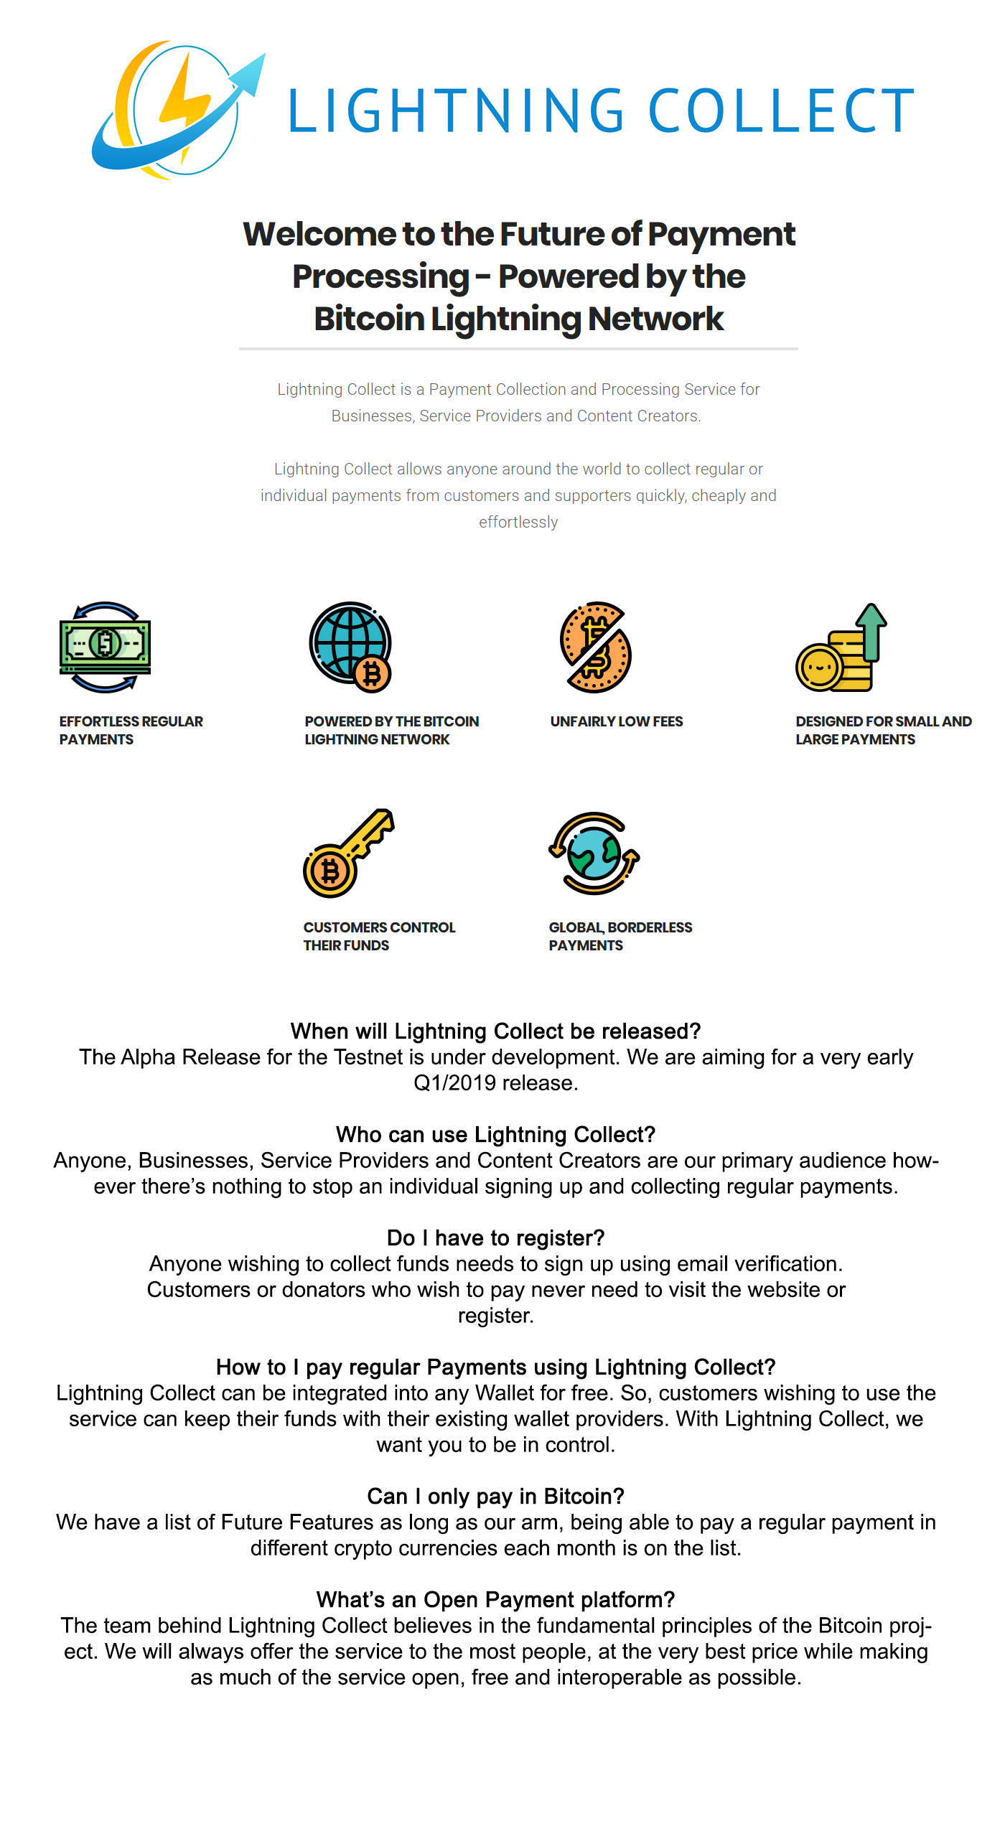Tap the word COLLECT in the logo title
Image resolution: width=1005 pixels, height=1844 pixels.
coord(781,111)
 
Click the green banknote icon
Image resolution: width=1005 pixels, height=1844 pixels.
coord(105,645)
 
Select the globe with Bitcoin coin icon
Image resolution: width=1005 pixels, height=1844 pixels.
coord(350,645)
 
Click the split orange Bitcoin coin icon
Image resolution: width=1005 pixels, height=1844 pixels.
coord(595,647)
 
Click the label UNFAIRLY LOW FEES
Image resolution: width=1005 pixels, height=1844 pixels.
coord(617,721)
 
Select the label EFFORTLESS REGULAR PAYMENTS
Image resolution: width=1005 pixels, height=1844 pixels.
coord(131,730)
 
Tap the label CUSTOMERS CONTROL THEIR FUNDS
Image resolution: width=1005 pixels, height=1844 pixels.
coord(379,936)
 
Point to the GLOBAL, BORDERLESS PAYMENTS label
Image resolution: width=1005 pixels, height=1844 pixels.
coord(620,936)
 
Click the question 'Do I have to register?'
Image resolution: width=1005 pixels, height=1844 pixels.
coord(495,1237)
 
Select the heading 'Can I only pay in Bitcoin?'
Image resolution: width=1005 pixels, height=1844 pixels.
coord(495,1496)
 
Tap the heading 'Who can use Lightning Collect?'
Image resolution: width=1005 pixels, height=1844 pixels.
coord(495,1134)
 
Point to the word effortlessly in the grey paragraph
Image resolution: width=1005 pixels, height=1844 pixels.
coord(518,522)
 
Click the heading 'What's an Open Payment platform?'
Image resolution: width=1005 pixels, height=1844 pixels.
coord(495,1599)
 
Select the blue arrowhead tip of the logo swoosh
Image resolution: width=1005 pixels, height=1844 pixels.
coord(255,68)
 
